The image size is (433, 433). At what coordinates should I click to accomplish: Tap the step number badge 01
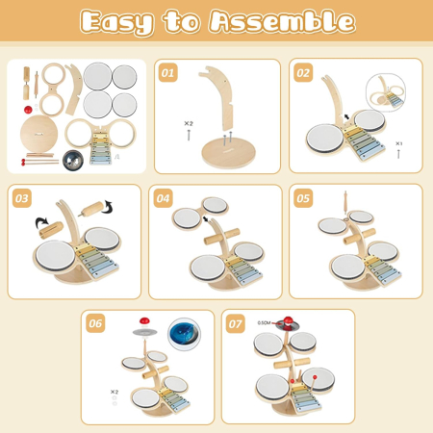pos(168,72)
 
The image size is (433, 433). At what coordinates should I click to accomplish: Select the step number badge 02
pos(304,72)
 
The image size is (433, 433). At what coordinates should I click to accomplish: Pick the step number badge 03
pos(21,199)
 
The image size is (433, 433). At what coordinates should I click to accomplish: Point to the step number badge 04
pos(164,199)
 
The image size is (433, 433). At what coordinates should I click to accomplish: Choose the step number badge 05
pos(304,199)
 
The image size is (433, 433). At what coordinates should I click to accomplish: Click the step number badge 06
pos(94,323)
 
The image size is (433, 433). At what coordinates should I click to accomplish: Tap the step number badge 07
pos(237,323)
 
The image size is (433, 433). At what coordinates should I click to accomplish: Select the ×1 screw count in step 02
pos(398,143)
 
